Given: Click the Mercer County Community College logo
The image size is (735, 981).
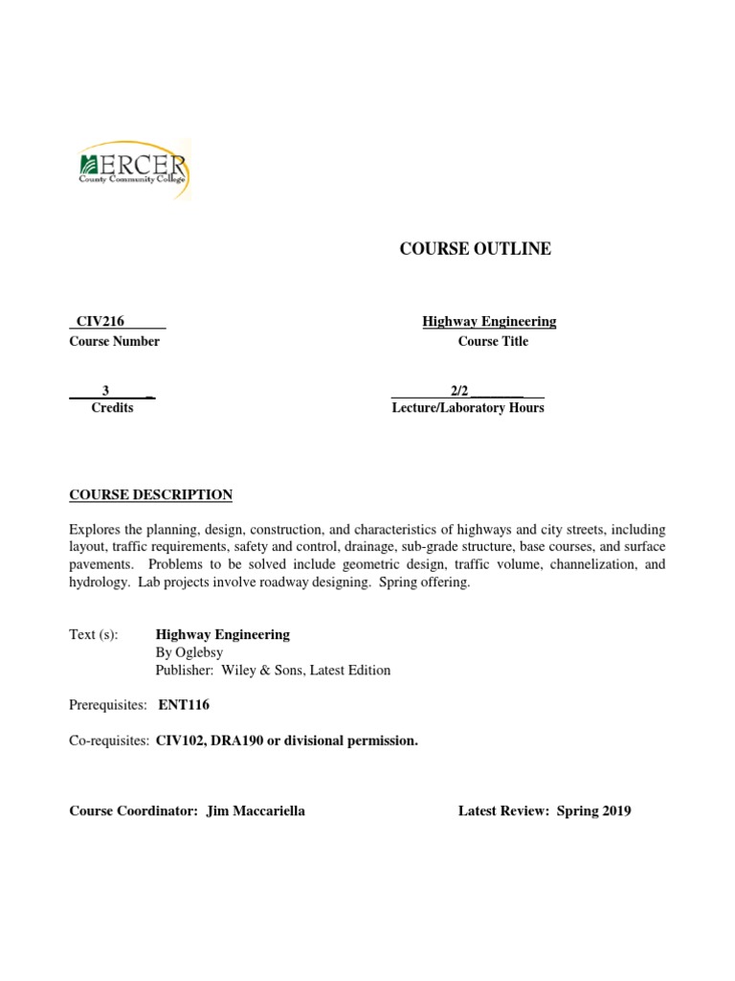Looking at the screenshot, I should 133,171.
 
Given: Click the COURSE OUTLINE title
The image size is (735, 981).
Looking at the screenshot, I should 475,249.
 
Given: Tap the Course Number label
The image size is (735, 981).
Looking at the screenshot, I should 114,342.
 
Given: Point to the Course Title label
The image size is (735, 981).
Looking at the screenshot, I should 492,342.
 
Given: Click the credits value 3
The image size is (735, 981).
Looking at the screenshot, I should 106,390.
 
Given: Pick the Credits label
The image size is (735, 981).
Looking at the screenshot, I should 112,408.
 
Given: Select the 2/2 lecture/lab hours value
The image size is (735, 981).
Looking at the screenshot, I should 459,390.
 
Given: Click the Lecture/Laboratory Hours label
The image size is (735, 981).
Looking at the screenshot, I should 468,408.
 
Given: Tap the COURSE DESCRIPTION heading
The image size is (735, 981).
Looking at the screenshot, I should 150,495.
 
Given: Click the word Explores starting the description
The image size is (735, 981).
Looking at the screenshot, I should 95,530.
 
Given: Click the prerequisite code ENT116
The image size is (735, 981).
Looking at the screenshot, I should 185,706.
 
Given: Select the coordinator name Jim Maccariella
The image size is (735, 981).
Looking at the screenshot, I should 256,811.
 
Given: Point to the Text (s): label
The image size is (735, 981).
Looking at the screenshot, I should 94,635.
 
